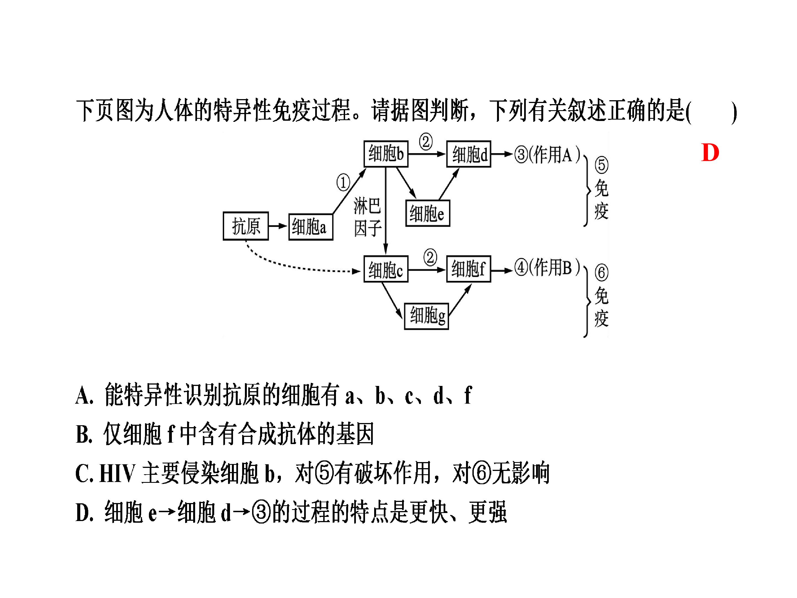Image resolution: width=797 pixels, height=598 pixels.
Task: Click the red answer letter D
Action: click(x=710, y=153)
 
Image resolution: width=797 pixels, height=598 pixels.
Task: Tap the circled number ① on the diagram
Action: click(x=343, y=182)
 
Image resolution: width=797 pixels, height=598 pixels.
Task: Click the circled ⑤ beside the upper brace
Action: click(x=601, y=165)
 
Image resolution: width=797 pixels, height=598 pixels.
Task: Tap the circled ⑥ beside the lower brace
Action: click(x=601, y=272)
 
